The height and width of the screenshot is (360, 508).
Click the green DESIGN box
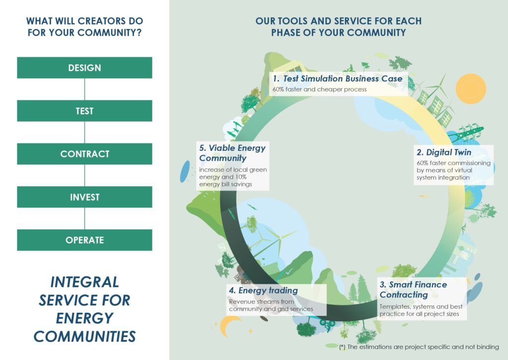click(x=84, y=68)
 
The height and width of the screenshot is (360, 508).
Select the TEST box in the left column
click(x=84, y=111)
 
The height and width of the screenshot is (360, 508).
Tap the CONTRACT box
click(x=84, y=154)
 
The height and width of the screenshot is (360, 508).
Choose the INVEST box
click(x=84, y=197)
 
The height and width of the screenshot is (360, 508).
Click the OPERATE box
click(x=84, y=240)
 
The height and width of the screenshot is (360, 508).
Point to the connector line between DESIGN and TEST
click(x=84, y=89)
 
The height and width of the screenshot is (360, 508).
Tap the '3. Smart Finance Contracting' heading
click(x=413, y=289)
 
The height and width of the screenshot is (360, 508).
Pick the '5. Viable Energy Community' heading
click(x=232, y=153)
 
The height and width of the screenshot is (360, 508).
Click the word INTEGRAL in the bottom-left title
click(x=84, y=282)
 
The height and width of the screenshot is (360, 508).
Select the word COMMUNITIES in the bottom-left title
click(x=84, y=336)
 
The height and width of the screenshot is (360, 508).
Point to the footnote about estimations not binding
click(x=419, y=347)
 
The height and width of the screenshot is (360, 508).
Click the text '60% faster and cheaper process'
click(x=319, y=89)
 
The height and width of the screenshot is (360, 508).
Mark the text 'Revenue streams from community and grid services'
click(x=271, y=305)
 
